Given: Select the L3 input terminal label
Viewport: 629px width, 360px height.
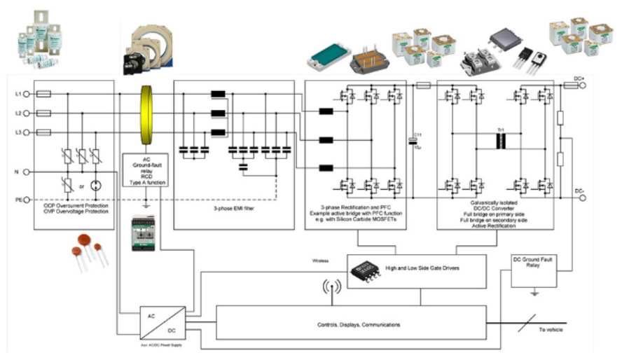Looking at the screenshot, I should pyautogui.click(x=18, y=132).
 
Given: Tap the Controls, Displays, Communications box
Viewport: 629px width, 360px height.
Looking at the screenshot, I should pyautogui.click(x=350, y=324).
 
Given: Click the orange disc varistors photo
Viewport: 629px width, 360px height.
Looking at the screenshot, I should pyautogui.click(x=90, y=250).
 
